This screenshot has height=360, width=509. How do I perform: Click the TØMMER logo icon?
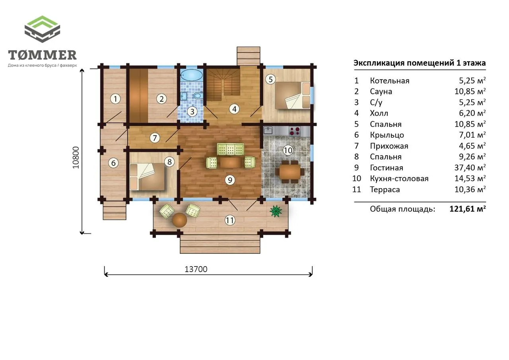(42, 29)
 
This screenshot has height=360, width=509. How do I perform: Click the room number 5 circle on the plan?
(270, 79)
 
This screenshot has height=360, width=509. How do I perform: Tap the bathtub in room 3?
(191, 75)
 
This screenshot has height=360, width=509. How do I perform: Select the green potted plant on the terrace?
(276, 211)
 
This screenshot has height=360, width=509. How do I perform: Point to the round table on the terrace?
(179, 220)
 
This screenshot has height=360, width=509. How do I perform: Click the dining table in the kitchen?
(290, 172)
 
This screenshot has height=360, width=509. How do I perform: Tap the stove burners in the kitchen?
(295, 131)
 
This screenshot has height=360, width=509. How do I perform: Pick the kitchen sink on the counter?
(268, 131)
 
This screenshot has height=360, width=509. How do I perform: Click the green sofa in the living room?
(230, 149)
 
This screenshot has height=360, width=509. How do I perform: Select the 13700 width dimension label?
(196, 269)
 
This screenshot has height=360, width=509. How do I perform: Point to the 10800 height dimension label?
(76, 158)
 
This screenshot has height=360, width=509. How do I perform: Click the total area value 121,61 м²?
(468, 208)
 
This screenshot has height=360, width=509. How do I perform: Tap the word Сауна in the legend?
(381, 91)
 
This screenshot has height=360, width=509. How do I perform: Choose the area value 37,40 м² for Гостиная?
(470, 167)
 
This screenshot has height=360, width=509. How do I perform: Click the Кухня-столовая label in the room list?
(399, 179)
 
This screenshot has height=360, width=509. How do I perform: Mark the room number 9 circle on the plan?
(230, 180)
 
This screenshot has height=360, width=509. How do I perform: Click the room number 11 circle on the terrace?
(230, 220)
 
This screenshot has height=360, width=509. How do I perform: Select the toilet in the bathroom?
(198, 95)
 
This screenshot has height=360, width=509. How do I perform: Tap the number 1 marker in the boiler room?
(115, 99)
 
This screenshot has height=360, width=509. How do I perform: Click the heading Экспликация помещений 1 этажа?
(420, 63)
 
